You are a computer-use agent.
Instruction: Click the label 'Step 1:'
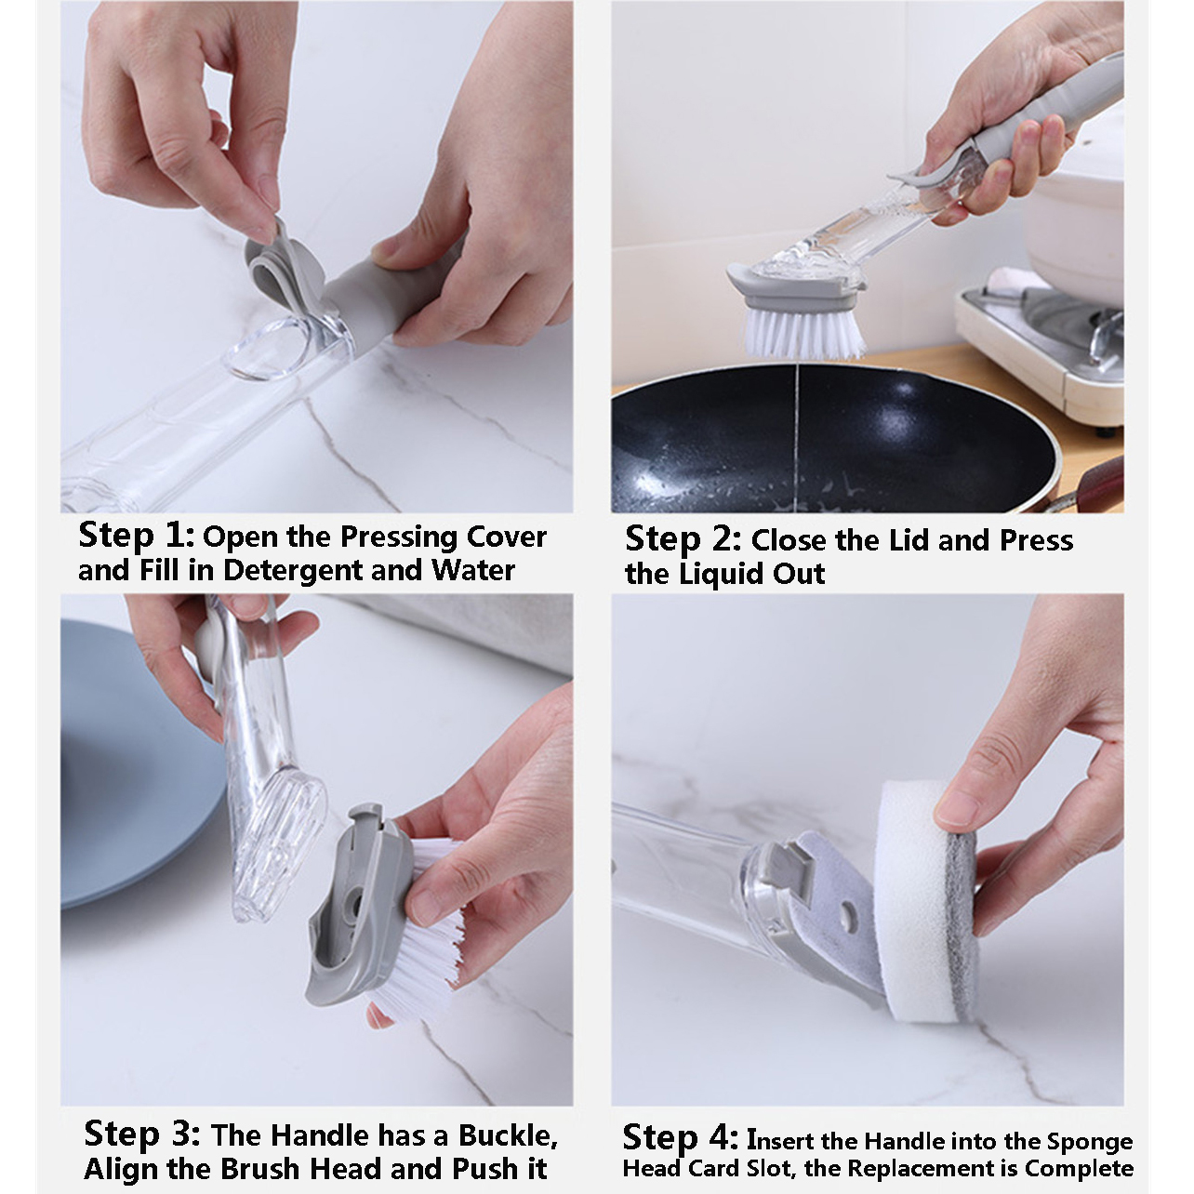(x=137, y=536)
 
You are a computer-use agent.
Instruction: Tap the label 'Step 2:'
(x=683, y=539)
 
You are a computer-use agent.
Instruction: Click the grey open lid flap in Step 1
(x=279, y=267)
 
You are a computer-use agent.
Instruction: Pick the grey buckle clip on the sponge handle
(x=790, y=868)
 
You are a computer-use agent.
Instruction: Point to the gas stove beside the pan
(x=1041, y=347)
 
